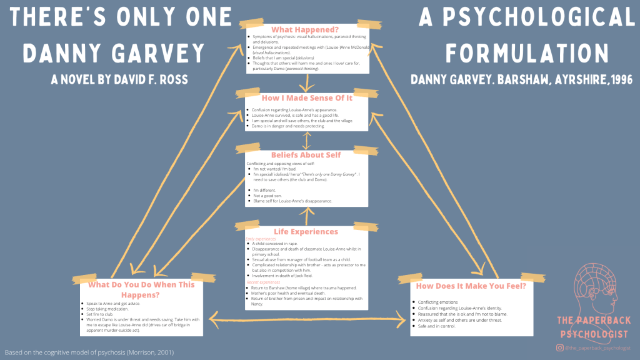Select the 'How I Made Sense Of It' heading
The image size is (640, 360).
[x=306, y=98]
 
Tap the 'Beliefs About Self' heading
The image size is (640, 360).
[x=306, y=154]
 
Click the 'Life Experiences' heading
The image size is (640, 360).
[x=306, y=231]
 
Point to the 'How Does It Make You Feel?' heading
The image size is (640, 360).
[x=471, y=287]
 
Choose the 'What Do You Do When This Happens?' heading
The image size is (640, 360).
[x=141, y=289]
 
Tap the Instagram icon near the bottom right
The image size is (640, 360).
[x=560, y=347]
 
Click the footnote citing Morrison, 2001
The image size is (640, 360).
[x=89, y=352]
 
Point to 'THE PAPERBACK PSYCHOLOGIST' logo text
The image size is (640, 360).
[x=594, y=326]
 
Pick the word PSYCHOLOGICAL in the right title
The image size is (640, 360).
[x=526, y=17]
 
